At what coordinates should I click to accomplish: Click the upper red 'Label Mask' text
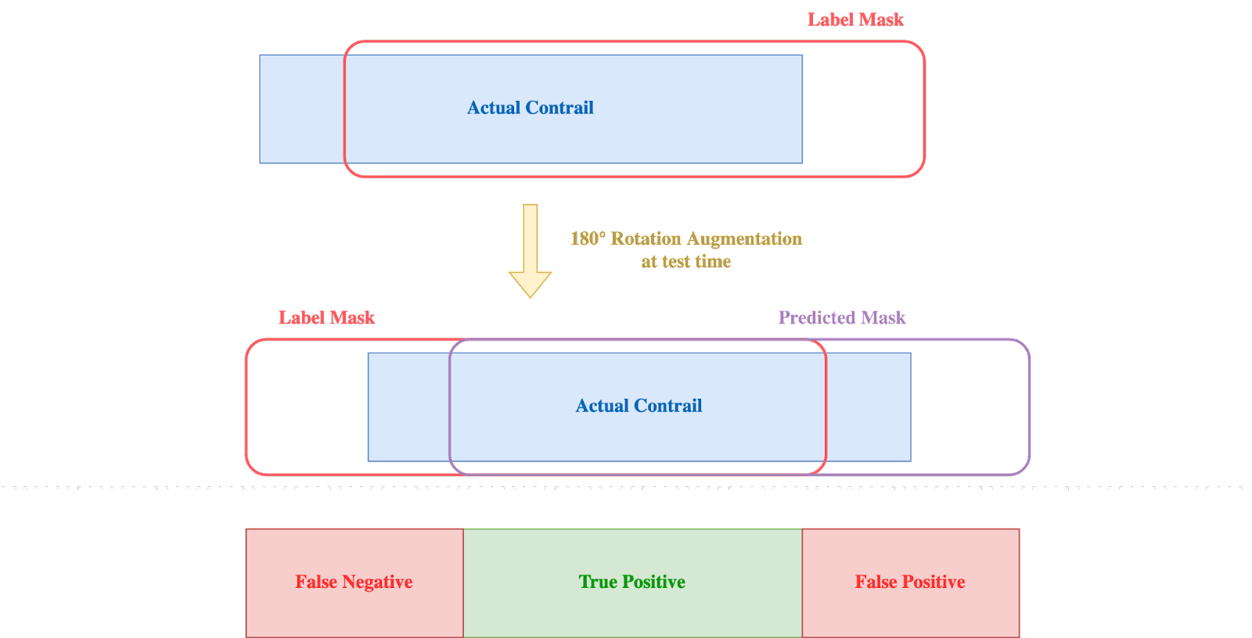(x=855, y=20)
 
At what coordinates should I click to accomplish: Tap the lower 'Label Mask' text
(x=326, y=317)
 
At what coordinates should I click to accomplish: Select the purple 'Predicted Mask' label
(x=841, y=317)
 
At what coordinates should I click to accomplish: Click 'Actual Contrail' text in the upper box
(x=530, y=108)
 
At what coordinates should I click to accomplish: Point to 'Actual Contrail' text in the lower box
(x=639, y=406)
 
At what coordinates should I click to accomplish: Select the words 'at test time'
(x=686, y=261)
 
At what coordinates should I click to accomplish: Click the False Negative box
(x=354, y=582)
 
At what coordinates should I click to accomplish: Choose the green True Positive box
(x=632, y=582)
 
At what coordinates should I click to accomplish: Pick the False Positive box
(x=910, y=582)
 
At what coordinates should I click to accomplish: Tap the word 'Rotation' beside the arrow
(x=646, y=238)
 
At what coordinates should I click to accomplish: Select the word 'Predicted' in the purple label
(x=817, y=317)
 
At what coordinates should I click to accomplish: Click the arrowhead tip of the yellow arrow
(x=531, y=295)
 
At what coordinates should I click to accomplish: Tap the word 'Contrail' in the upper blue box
(x=559, y=108)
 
